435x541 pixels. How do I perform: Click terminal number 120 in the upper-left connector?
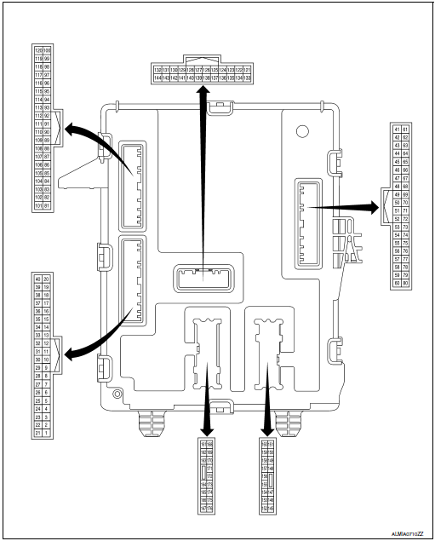pyautogui.click(x=37, y=50)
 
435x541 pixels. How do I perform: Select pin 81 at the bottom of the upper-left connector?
pyautogui.click(x=48, y=205)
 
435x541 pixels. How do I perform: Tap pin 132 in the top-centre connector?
pyautogui.click(x=157, y=68)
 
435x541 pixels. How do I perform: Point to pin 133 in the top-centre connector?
pyautogui.click(x=248, y=78)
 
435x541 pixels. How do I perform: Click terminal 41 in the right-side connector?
pyautogui.click(x=396, y=128)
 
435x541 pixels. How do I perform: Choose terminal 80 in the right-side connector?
pyautogui.click(x=405, y=283)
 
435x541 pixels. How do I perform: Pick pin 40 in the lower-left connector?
pyautogui.click(x=37, y=279)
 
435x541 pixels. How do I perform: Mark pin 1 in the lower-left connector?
pyautogui.click(x=47, y=434)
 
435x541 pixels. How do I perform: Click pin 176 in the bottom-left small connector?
pyautogui.click(x=209, y=509)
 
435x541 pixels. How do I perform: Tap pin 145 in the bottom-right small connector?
pyautogui.click(x=271, y=509)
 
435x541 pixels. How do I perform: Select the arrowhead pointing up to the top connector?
pyautogui.click(x=203, y=91)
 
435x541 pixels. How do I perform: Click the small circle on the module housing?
pyautogui.click(x=300, y=132)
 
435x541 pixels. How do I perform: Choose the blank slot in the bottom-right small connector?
pyautogui.click(x=271, y=481)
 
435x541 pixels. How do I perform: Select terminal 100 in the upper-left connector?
pyautogui.click(x=48, y=50)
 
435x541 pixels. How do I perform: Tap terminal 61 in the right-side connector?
pyautogui.click(x=405, y=128)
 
